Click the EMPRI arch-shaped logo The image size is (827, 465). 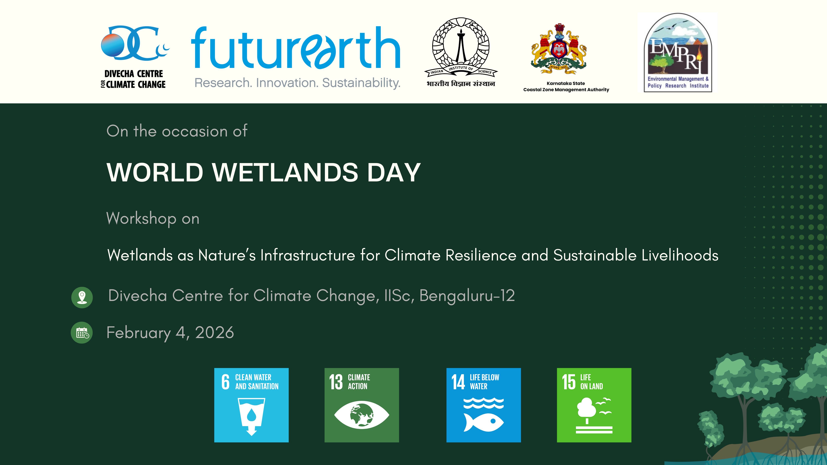pos(678,53)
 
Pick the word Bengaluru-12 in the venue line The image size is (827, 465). pos(467,296)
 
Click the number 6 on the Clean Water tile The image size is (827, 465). pos(225,382)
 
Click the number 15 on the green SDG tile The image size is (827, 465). pos(569,382)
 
